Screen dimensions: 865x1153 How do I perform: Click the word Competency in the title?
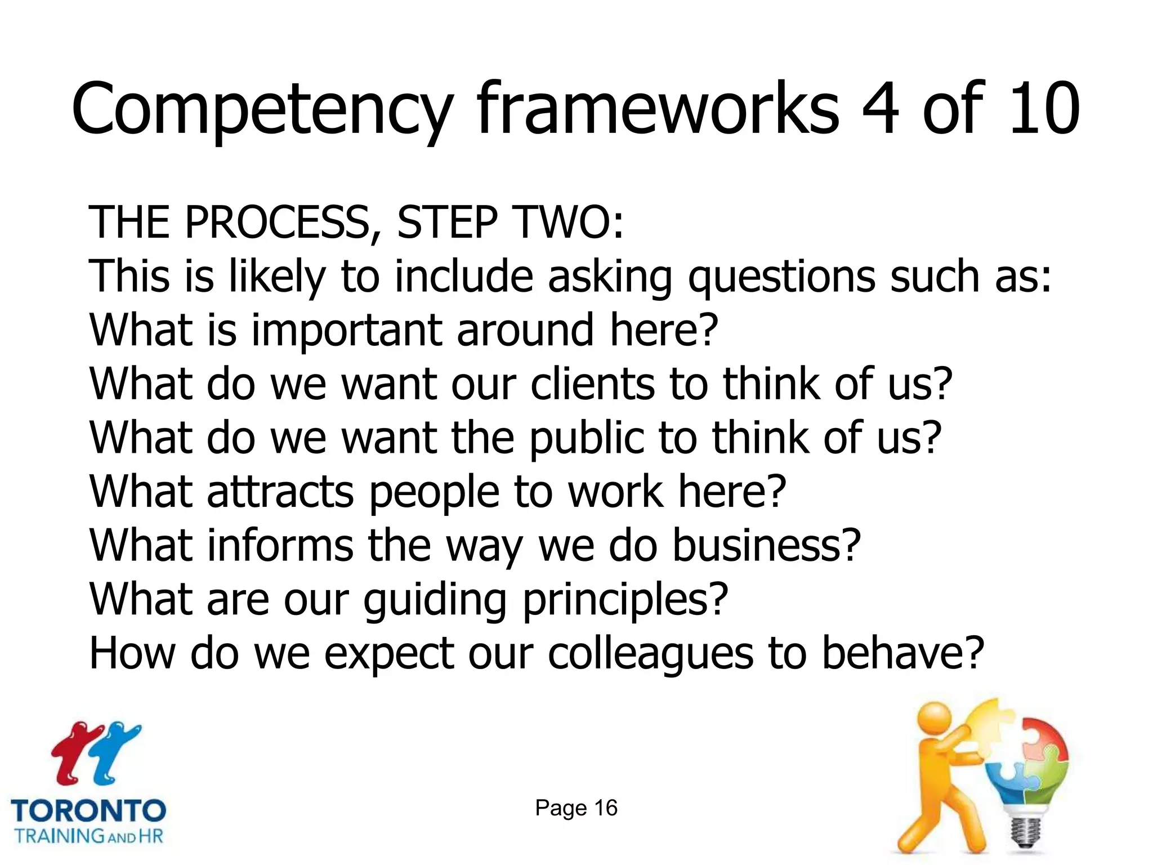(262, 110)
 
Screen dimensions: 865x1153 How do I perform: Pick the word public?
(586, 438)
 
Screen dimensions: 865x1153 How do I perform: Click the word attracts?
(280, 492)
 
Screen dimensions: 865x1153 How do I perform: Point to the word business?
(767, 545)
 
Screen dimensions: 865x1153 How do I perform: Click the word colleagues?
(650, 653)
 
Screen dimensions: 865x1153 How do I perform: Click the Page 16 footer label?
(576, 808)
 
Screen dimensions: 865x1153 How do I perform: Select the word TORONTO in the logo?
(88, 811)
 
